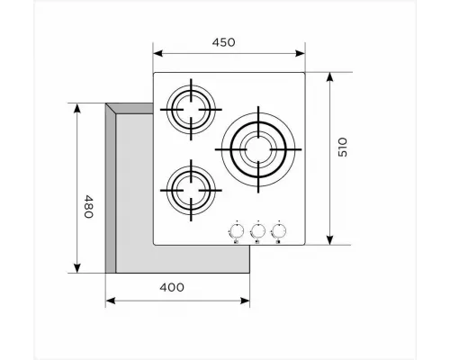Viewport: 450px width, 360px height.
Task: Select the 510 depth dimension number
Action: [x=343, y=149]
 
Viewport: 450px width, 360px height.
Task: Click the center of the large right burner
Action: [x=257, y=147]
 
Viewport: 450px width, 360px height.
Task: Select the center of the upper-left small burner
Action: [x=189, y=111]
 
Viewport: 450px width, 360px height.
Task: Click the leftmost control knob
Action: [x=237, y=228]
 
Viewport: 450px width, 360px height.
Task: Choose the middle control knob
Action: [x=258, y=228]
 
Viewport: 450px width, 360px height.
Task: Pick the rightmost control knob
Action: [x=280, y=228]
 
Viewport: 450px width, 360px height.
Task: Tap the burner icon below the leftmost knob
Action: [x=237, y=240]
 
